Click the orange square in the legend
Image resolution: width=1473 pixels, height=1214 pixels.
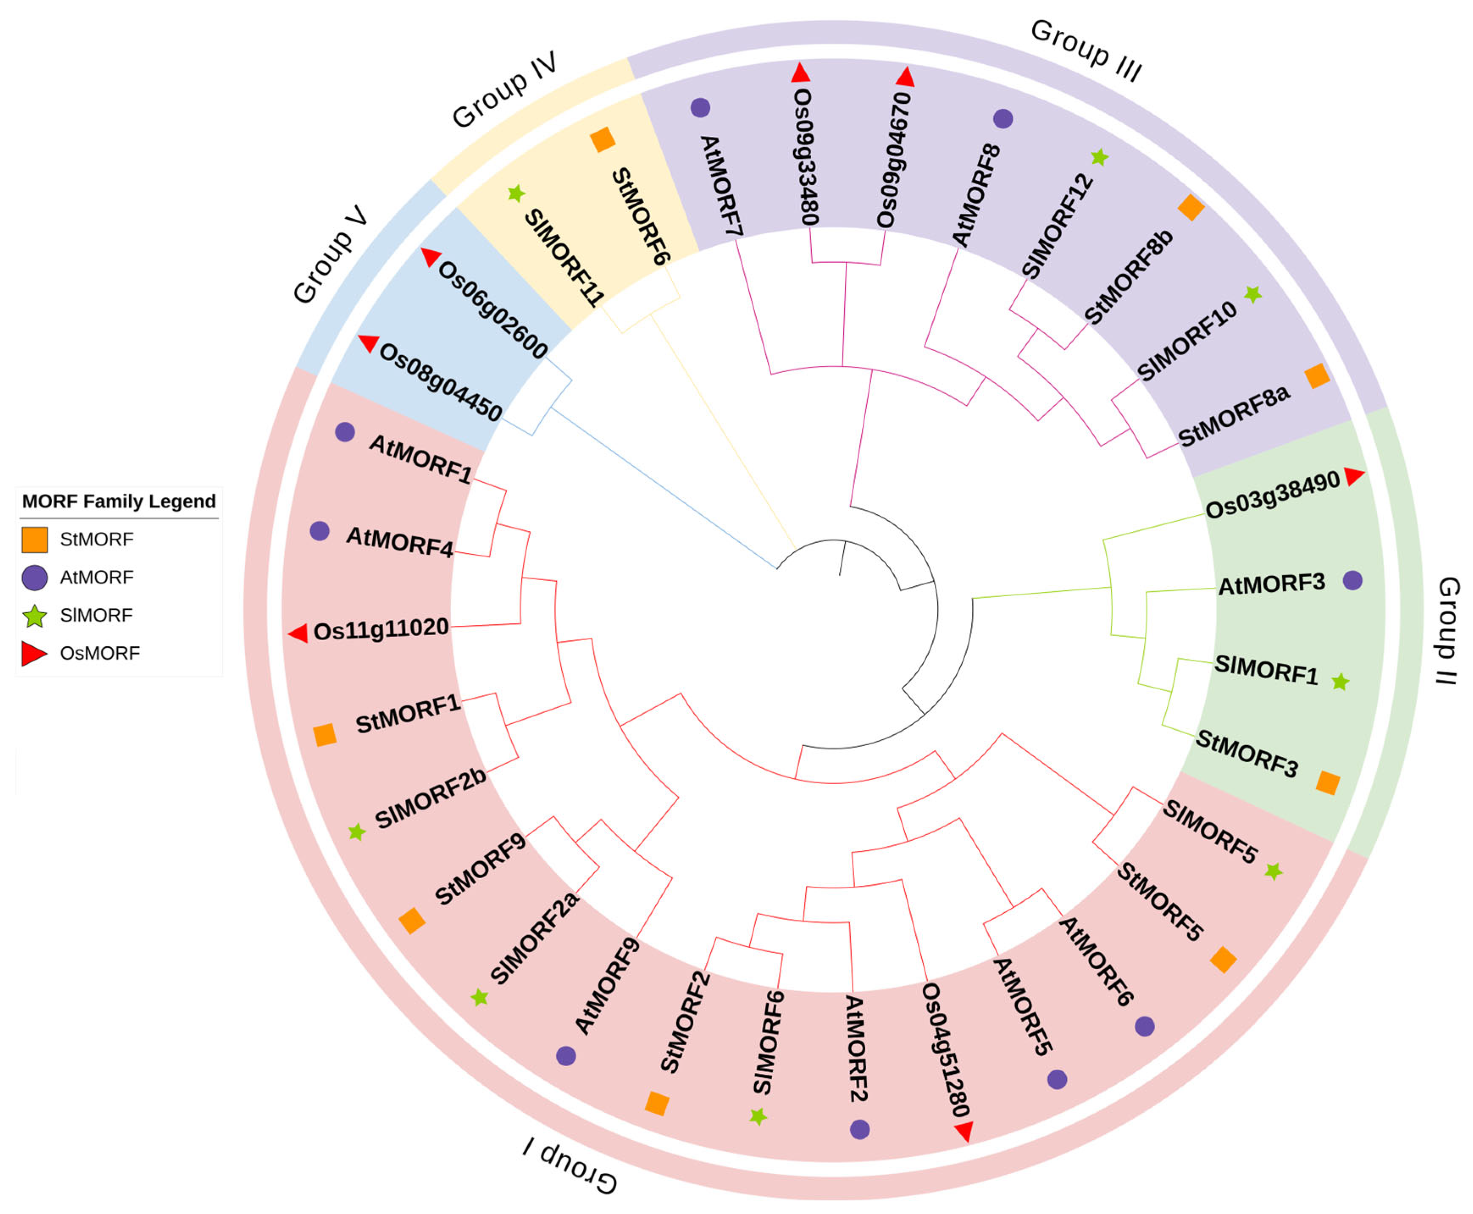click(x=34, y=539)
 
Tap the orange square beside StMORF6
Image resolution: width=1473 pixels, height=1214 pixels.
click(x=602, y=140)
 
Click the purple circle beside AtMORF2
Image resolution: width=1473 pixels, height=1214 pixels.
click(x=860, y=1129)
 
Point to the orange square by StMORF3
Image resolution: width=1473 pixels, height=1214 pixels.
click(x=1327, y=783)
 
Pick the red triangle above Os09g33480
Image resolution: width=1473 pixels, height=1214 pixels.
click(x=800, y=73)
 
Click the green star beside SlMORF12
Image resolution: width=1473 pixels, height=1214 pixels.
click(x=1099, y=158)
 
